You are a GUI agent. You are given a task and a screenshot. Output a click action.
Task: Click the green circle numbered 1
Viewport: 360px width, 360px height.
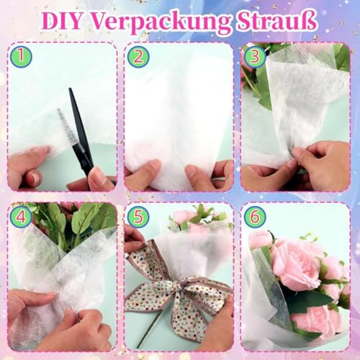click(x=22, y=55)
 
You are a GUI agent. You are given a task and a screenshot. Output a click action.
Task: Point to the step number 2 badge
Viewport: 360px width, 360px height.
click(x=139, y=56)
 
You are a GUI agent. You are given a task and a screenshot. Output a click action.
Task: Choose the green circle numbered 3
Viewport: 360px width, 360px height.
click(x=253, y=56)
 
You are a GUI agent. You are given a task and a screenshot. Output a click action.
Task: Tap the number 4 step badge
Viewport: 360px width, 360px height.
click(x=22, y=214)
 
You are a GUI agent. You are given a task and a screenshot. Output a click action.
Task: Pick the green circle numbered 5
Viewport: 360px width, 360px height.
click(x=138, y=215)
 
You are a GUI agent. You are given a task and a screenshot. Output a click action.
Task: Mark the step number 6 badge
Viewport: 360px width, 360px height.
click(x=255, y=215)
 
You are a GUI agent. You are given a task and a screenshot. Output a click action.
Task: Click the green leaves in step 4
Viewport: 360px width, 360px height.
click(x=79, y=220)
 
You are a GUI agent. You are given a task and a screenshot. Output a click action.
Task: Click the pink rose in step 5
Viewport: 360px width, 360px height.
click(x=183, y=216)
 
